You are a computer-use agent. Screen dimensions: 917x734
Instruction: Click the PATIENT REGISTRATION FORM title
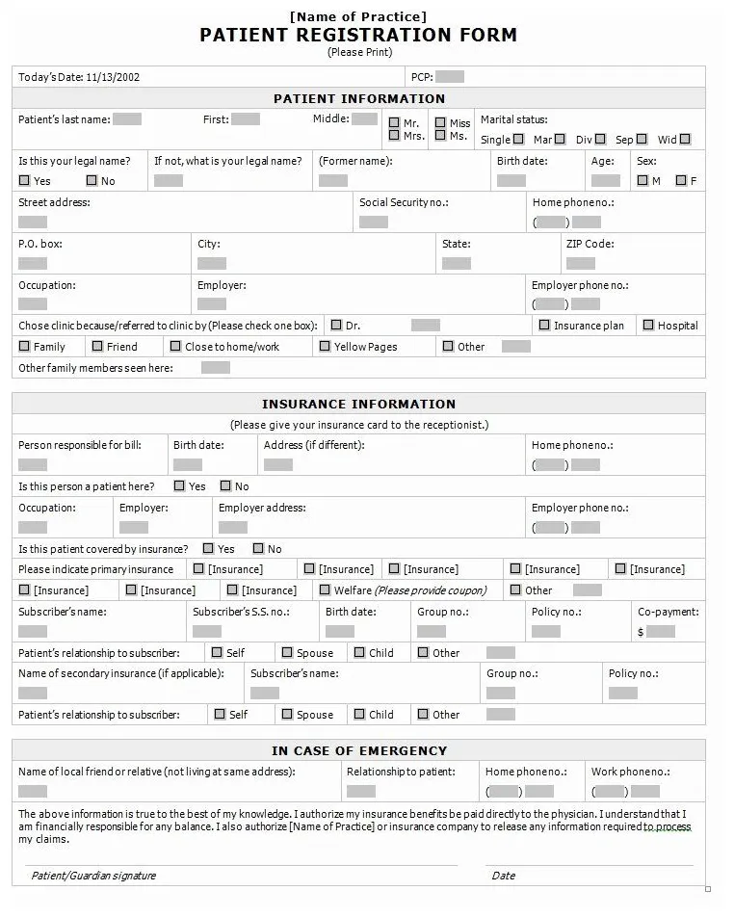358,36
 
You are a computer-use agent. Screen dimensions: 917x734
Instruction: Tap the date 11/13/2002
113,77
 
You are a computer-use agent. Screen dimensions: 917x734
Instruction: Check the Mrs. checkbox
395,137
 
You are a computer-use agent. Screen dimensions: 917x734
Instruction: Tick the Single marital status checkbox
518,140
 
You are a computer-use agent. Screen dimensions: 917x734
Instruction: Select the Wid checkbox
685,140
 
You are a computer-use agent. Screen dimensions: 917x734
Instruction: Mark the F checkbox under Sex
681,181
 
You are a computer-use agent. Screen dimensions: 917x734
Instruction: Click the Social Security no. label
404,203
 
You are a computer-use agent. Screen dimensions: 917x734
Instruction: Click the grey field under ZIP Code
580,263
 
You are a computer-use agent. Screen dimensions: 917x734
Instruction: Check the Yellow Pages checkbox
326,346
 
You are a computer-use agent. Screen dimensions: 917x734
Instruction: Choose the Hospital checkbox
649,326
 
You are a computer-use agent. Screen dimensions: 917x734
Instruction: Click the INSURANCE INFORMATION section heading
358,404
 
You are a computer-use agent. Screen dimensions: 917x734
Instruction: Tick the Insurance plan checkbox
545,326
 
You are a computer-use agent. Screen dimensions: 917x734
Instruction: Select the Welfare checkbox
326,589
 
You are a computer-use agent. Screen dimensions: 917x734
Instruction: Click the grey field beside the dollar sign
660,632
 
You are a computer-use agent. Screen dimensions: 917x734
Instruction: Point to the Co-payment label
668,612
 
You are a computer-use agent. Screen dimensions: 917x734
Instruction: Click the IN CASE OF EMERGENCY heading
358,750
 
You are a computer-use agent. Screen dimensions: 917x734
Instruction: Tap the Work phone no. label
630,772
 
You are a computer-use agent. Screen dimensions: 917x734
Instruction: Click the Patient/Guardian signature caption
93,876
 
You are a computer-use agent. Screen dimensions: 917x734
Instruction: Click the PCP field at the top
450,77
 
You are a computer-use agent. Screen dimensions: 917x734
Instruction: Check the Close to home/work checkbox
175,346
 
